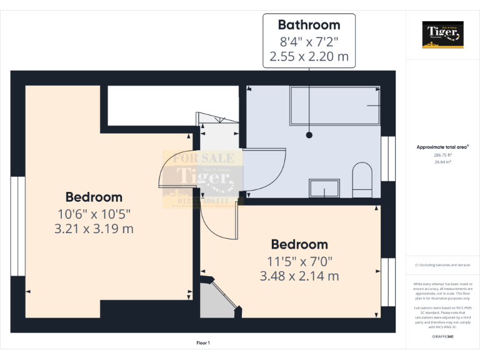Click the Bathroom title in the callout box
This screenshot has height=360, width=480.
[x=309, y=25]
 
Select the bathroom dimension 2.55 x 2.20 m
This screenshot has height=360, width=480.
[x=309, y=57]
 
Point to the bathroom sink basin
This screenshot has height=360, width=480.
[x=324, y=188]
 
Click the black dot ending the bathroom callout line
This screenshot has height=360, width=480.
[x=309, y=134]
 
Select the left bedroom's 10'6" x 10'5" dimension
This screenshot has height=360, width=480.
[x=94, y=213]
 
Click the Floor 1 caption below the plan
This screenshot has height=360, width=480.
[x=203, y=343]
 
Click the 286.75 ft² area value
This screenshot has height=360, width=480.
[x=442, y=154]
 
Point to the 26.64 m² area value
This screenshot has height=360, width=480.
[x=442, y=161]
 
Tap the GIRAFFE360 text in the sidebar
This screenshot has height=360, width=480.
[x=442, y=336]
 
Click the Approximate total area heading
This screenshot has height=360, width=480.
[x=442, y=147]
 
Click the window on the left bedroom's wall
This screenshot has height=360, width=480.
[x=17, y=226]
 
